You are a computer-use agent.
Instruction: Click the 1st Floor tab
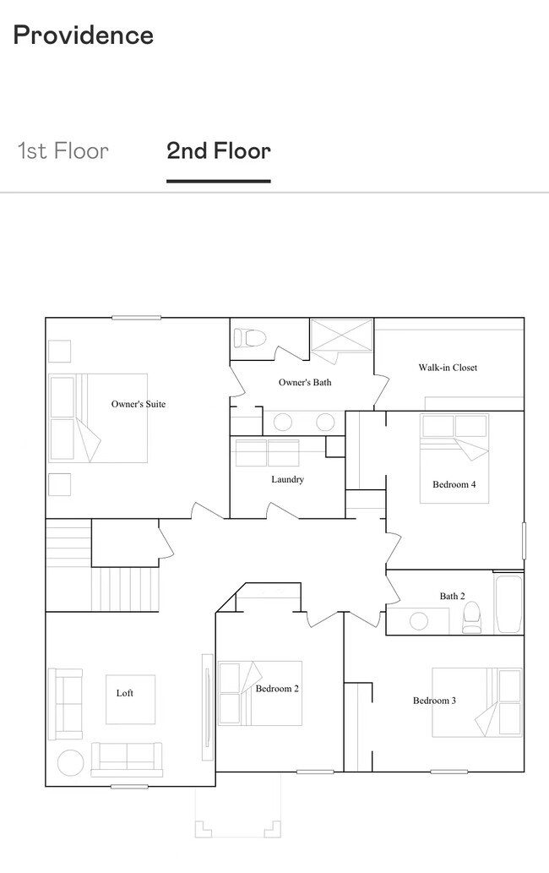pos(63,151)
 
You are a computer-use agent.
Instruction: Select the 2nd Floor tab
pos(219,151)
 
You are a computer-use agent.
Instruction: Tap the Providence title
pos(84,35)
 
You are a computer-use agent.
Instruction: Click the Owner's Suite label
pos(139,404)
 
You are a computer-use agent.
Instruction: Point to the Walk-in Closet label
pos(448,368)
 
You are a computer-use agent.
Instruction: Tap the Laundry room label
pos(287,479)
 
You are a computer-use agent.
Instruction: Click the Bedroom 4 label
pos(454,484)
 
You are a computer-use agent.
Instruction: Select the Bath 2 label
pos(452,597)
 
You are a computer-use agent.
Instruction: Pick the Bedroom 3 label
pos(434,701)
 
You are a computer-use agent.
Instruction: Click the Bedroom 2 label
pos(277,689)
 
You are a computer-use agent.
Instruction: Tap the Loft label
pos(125,693)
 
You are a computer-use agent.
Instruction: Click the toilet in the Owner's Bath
pos(250,337)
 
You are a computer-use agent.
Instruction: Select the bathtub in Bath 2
pos(509,603)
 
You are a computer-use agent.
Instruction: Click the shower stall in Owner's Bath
pos(341,336)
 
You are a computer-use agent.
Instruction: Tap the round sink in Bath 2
pos(419,621)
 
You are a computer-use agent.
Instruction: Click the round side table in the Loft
pos(71,763)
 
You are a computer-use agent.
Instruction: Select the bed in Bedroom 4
pos(454,459)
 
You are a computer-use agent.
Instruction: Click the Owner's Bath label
pos(305,383)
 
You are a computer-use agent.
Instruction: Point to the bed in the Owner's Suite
pos(99,418)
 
